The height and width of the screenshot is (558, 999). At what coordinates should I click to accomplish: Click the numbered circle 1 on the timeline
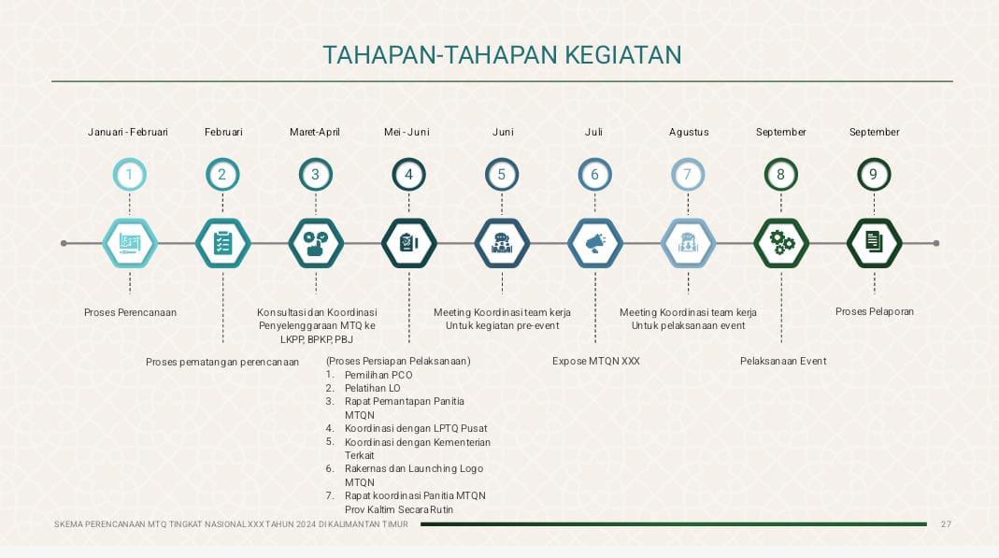[x=129, y=175]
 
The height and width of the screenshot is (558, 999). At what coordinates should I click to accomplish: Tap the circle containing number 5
[x=502, y=175]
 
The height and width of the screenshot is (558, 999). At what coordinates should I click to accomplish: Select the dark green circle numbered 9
[x=874, y=175]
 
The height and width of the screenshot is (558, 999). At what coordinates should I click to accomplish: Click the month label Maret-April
[x=315, y=132]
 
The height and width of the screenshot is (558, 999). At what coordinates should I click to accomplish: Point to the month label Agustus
[x=689, y=133]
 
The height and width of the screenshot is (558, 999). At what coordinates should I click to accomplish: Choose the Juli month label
[x=593, y=132]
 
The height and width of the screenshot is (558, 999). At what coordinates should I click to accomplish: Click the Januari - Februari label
[x=128, y=132]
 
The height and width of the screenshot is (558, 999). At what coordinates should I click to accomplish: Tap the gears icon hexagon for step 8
[x=781, y=243]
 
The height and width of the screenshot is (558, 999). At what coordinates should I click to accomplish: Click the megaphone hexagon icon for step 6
[x=595, y=243]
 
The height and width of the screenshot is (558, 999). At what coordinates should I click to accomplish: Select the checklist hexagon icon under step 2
[x=223, y=243]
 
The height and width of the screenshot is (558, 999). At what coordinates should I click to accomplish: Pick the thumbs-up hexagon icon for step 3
[x=316, y=243]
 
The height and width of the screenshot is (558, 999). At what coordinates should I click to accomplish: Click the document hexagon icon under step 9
[x=874, y=243]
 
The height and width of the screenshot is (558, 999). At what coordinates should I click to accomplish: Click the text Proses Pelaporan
[x=875, y=311]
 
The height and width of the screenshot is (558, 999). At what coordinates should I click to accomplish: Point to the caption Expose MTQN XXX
[x=595, y=361]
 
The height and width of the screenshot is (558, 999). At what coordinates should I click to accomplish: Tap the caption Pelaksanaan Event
[x=783, y=361]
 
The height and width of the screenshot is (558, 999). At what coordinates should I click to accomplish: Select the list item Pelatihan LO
[x=373, y=388]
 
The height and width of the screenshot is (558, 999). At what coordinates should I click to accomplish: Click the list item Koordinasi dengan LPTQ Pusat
[x=416, y=428]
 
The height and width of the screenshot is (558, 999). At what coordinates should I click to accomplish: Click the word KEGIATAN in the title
[x=623, y=55]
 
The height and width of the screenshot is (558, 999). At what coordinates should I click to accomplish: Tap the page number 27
[x=946, y=524]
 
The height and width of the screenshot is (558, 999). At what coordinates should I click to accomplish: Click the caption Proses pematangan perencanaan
[x=222, y=362]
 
